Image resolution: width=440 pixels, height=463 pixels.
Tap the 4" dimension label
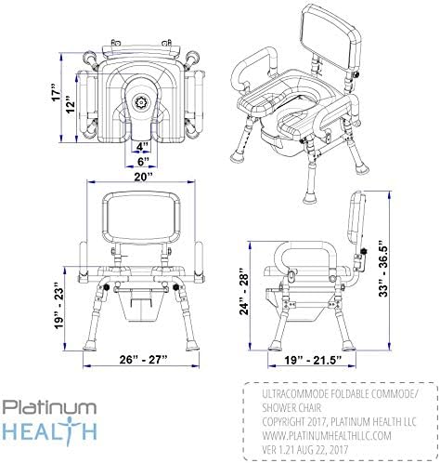click(x=140, y=146)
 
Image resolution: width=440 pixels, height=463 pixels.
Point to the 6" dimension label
click(x=140, y=160)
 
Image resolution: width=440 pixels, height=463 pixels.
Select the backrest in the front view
click(x=140, y=219)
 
